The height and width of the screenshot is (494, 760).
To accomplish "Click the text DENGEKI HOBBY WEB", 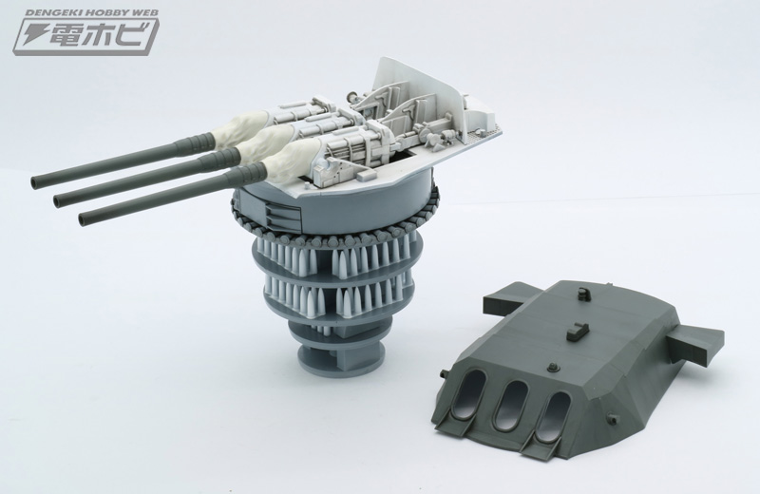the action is tap(91, 13).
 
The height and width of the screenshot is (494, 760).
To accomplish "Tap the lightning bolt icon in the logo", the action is tap(31, 35).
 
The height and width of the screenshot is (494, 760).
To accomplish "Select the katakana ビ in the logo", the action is tap(130, 34).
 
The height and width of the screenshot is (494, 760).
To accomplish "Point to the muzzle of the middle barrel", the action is tap(58, 199).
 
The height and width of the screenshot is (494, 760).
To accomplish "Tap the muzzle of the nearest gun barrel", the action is tap(83, 218).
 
